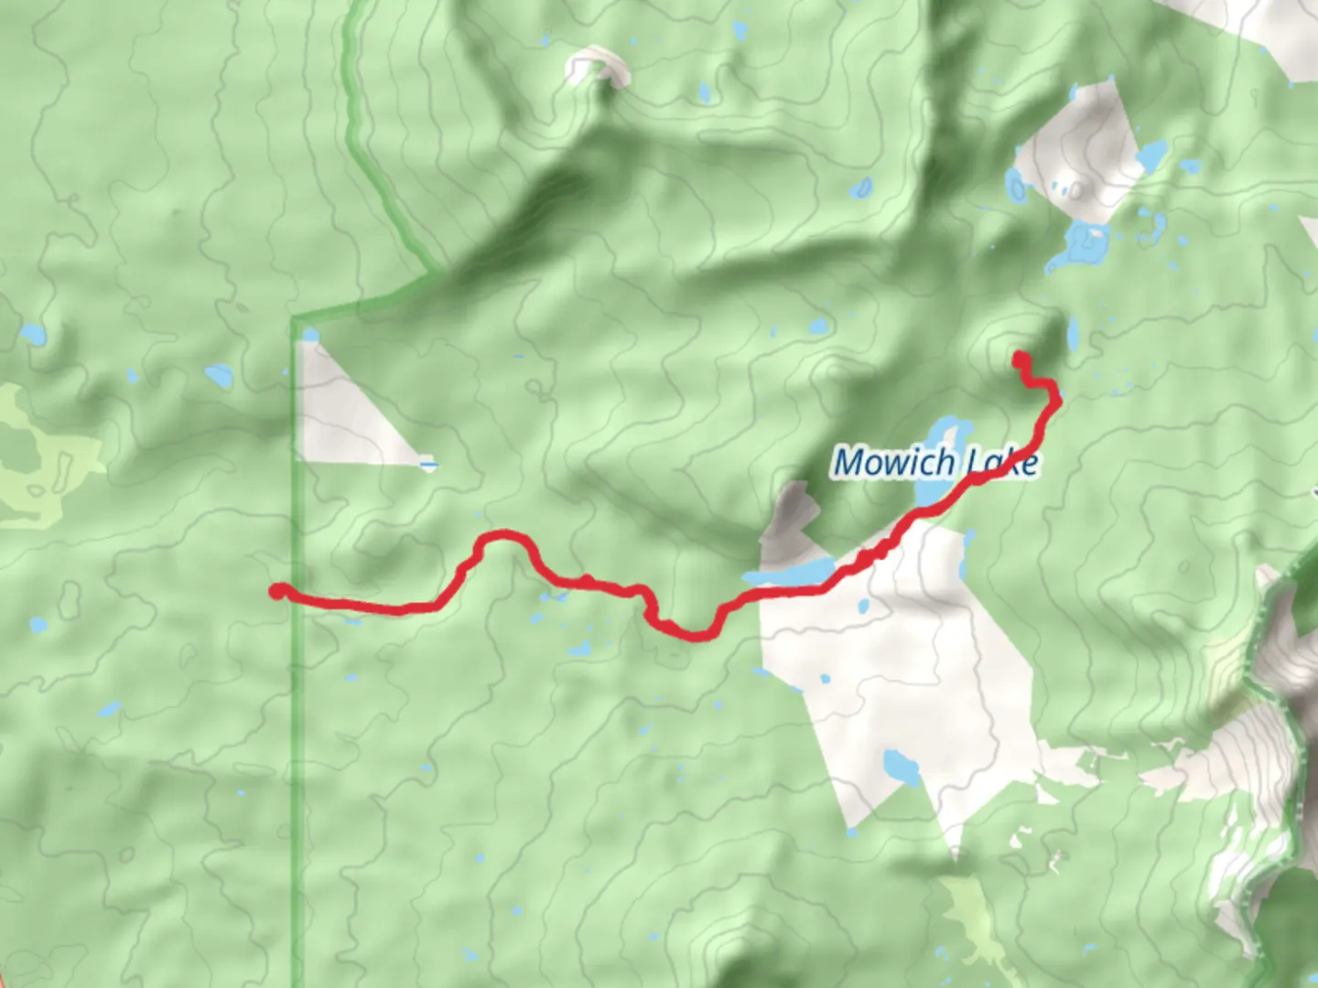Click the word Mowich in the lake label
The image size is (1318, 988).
[894, 462]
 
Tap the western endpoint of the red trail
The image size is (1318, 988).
[276, 591]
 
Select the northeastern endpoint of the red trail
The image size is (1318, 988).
[1019, 359]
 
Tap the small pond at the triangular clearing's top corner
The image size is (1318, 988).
[310, 335]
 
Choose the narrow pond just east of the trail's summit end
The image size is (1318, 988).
[1072, 335]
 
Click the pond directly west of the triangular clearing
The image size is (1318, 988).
[220, 375]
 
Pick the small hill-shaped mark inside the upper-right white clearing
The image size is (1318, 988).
[1077, 189]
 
